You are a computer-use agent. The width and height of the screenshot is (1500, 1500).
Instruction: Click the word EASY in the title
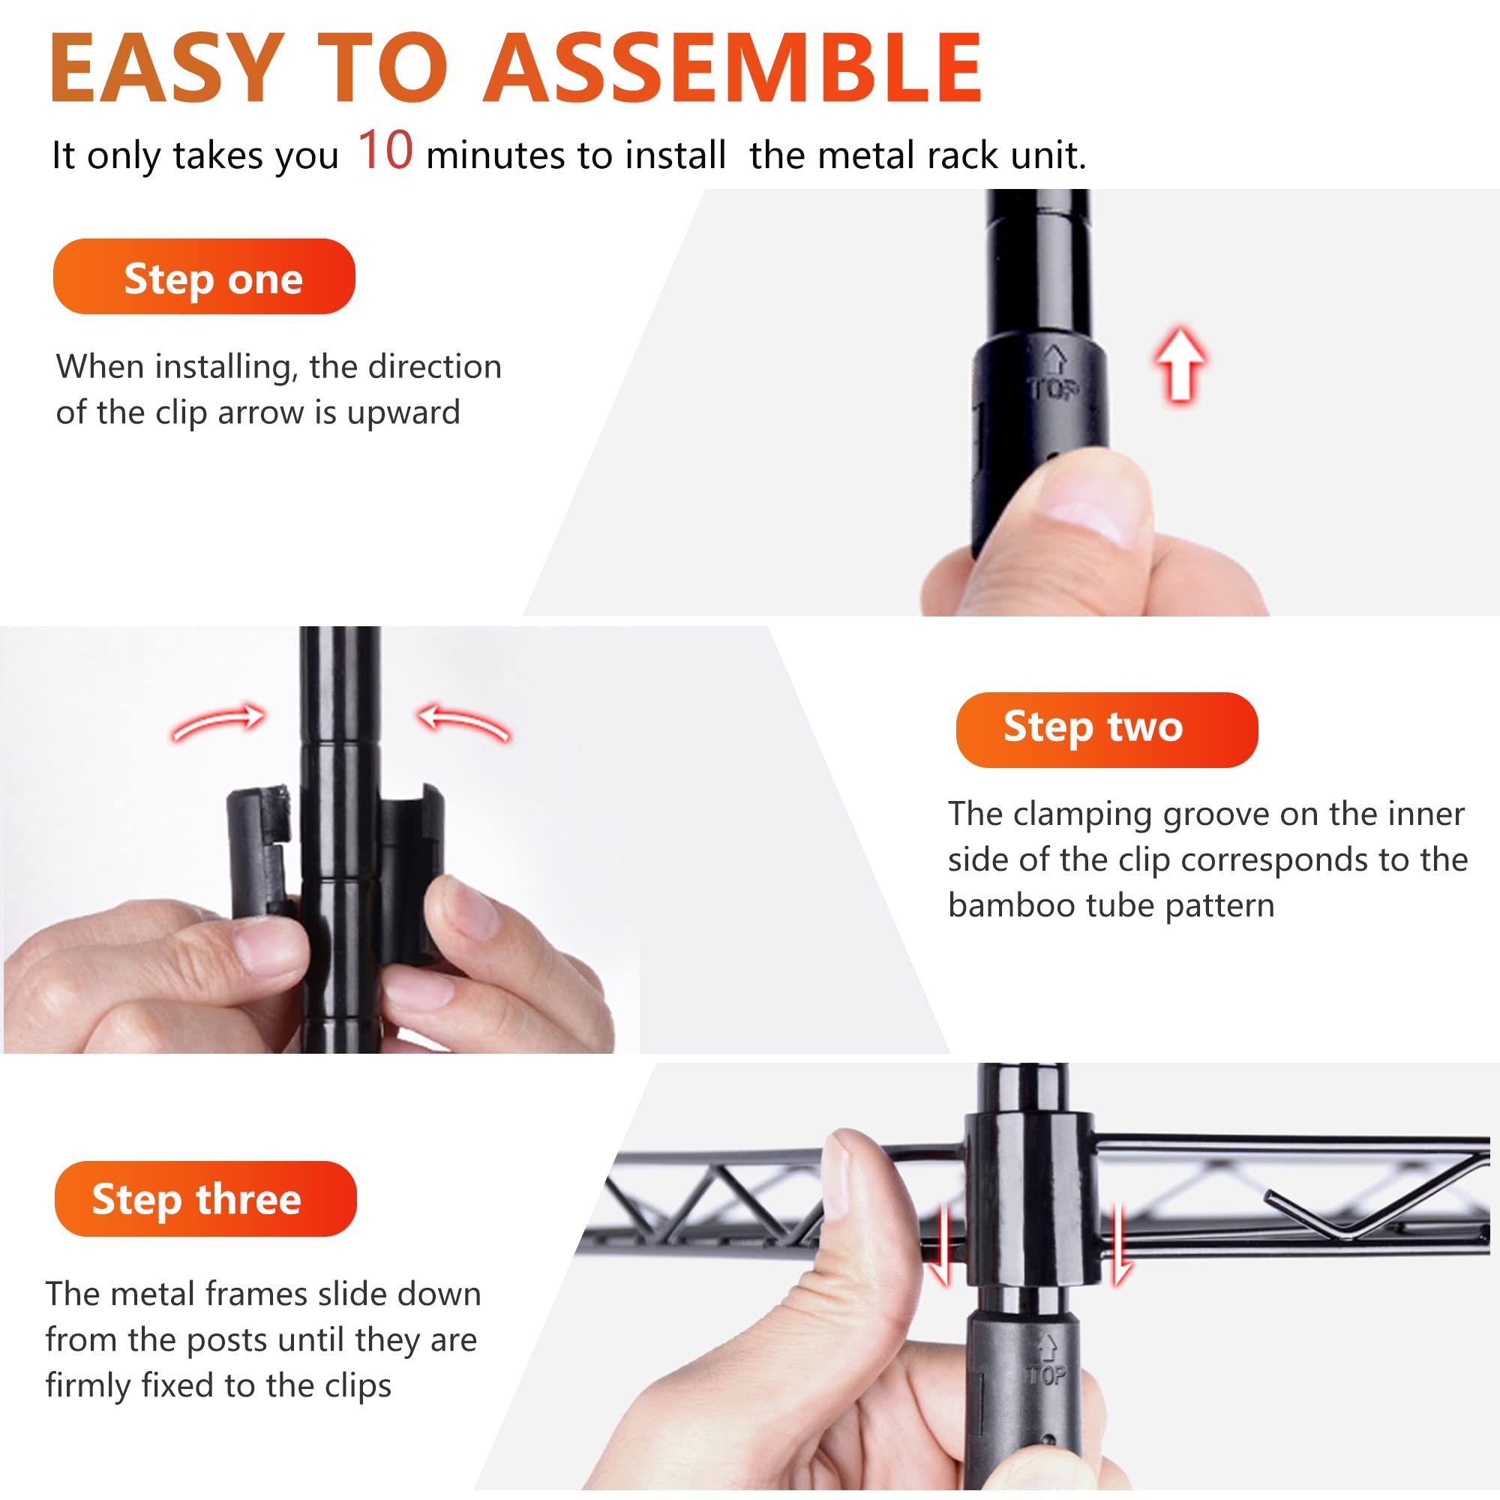(x=167, y=68)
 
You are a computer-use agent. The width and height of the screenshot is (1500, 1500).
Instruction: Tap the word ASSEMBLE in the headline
(x=733, y=68)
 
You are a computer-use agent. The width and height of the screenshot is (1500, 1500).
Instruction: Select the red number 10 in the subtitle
(x=385, y=150)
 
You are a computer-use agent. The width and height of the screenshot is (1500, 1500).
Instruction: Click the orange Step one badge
(x=204, y=277)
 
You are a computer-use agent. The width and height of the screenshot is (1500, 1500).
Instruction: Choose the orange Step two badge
(x=1107, y=730)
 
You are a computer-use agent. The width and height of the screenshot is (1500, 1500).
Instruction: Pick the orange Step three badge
(x=205, y=1198)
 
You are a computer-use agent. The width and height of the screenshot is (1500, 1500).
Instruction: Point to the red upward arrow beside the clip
(x=1180, y=364)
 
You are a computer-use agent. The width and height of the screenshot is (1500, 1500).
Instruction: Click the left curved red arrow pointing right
(x=219, y=721)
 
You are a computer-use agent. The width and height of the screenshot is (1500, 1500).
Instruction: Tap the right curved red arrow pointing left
(x=463, y=721)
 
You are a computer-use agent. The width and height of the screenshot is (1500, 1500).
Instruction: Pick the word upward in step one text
(x=403, y=414)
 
